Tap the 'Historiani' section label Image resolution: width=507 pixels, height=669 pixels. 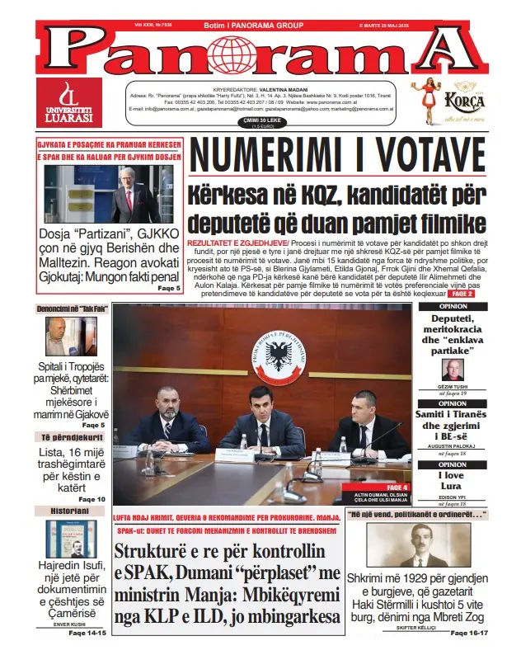coord(62,511)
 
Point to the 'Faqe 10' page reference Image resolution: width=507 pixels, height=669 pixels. coord(92,499)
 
